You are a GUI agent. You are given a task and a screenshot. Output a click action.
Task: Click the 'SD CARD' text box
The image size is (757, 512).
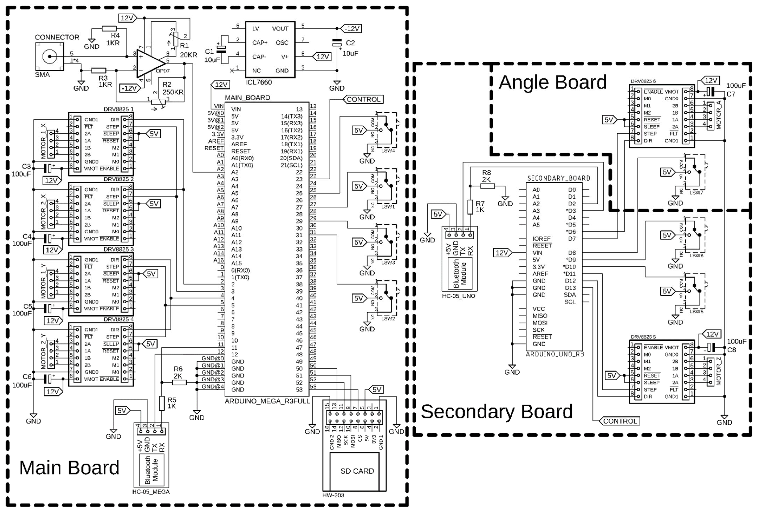click(357, 471)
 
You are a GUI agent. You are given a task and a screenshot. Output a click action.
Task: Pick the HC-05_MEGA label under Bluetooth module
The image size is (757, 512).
click(151, 492)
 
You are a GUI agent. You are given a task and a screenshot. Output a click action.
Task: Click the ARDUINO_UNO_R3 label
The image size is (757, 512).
click(555, 354)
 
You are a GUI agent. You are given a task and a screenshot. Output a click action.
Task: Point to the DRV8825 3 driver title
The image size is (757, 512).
click(119, 249)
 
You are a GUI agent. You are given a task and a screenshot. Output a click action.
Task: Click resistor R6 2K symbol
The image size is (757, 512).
click(179, 382)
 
